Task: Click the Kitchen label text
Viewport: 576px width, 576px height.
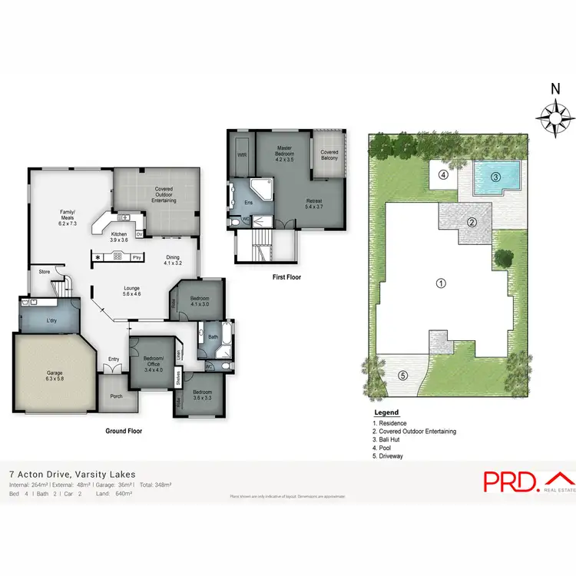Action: tap(119, 236)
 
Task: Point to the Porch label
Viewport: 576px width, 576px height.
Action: tap(116, 397)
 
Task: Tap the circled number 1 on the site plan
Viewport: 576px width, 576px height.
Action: tap(441, 283)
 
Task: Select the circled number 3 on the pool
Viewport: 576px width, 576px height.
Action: tap(495, 177)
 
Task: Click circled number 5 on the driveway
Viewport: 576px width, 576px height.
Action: tap(402, 376)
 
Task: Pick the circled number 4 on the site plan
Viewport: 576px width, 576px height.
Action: tap(443, 174)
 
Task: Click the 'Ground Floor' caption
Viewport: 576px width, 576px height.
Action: tap(124, 431)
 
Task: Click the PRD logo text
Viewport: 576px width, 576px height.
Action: tap(510, 482)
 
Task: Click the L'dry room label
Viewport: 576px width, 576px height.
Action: tap(53, 320)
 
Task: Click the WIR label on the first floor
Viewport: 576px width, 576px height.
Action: tap(243, 154)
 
